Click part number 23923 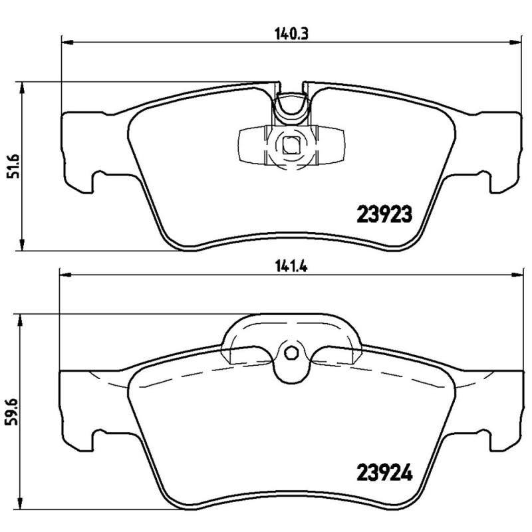[386, 214]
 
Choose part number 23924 [386, 473]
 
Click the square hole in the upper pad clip [290, 144]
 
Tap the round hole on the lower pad [290, 354]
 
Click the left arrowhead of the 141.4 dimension [65, 274]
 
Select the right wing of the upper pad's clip [331, 144]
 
